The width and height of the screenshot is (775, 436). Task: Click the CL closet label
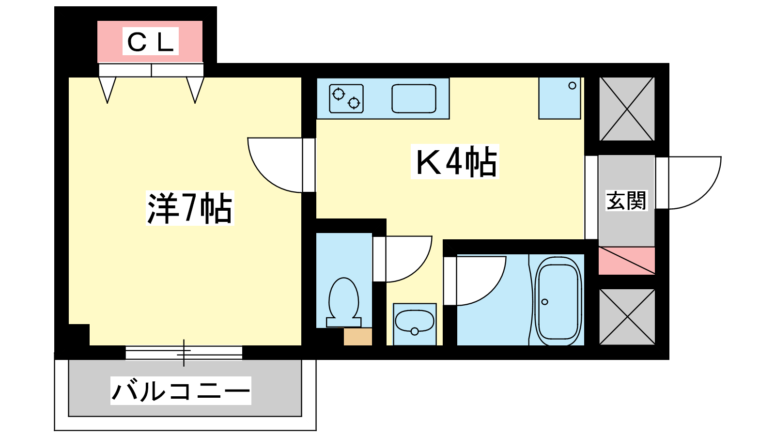[151, 42]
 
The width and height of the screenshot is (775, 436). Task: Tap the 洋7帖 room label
[190, 208]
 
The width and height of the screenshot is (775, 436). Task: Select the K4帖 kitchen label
[455, 162]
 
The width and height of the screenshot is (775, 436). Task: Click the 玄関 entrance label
[626, 201]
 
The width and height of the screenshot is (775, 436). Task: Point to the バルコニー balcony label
[181, 390]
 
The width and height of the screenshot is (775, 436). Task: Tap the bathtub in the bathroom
[558, 301]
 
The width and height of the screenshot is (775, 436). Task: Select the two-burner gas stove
[346, 99]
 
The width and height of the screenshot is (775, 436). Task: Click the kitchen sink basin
[414, 99]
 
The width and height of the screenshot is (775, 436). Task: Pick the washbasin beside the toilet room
[415, 324]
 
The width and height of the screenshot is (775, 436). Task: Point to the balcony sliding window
[184, 353]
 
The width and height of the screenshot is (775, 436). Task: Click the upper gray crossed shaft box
[627, 109]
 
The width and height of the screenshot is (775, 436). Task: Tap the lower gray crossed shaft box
[627, 317]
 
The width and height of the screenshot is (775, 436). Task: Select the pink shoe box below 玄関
[627, 261]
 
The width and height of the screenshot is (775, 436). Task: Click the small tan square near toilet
[358, 337]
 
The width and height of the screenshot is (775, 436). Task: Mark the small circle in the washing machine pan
[572, 85]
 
